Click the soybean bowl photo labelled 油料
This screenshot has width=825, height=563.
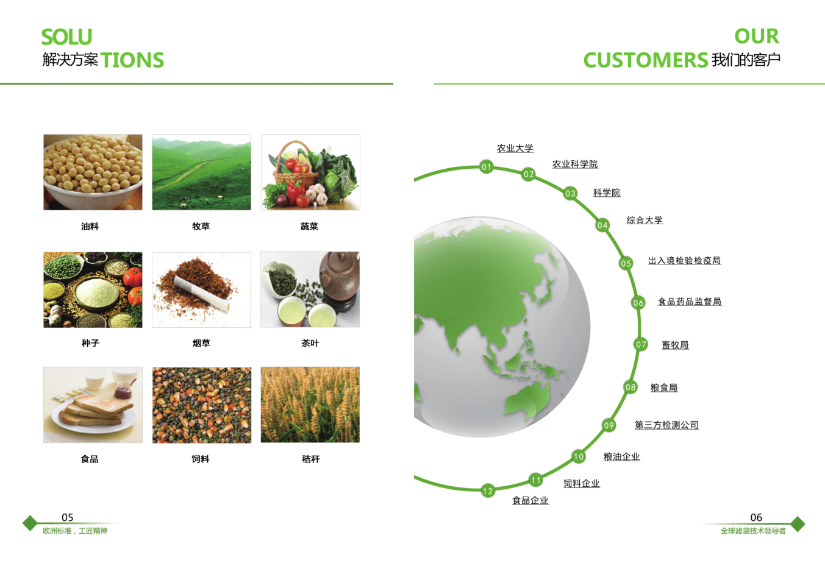[93, 172]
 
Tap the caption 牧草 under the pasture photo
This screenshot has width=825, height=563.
[201, 226]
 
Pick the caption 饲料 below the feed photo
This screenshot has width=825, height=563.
[201, 459]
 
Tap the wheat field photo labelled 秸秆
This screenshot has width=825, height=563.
[310, 405]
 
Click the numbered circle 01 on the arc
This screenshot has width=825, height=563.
[487, 167]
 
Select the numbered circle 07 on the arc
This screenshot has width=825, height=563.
[641, 344]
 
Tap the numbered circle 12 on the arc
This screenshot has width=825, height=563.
[488, 491]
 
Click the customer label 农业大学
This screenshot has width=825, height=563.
[515, 148]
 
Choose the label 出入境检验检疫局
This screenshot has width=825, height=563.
[684, 261]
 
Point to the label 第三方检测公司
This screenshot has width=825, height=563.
[666, 425]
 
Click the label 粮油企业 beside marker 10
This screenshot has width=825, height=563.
[622, 456]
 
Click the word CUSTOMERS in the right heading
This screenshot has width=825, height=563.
[646, 60]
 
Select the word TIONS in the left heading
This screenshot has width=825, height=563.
[132, 60]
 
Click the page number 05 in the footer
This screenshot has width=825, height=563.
[68, 517]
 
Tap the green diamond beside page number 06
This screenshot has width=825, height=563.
[798, 523]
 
